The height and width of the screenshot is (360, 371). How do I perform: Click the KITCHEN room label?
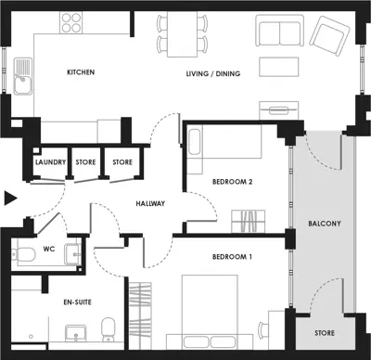(82, 71)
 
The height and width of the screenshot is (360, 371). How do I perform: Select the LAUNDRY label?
(49, 162)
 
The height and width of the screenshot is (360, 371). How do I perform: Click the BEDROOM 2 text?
(232, 182)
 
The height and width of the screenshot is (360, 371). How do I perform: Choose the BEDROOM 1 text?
(232, 256)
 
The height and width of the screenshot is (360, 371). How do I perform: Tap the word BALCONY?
(326, 224)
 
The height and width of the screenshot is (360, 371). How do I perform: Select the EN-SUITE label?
(54, 302)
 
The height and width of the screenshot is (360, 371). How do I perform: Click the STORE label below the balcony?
(325, 332)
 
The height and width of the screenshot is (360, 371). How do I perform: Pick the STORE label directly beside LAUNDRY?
(86, 162)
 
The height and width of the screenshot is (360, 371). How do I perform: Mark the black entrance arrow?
(9, 197)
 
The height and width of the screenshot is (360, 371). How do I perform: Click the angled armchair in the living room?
(327, 37)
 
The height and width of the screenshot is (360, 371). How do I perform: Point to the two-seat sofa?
(279, 33)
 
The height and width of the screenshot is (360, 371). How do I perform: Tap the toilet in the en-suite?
(108, 328)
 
